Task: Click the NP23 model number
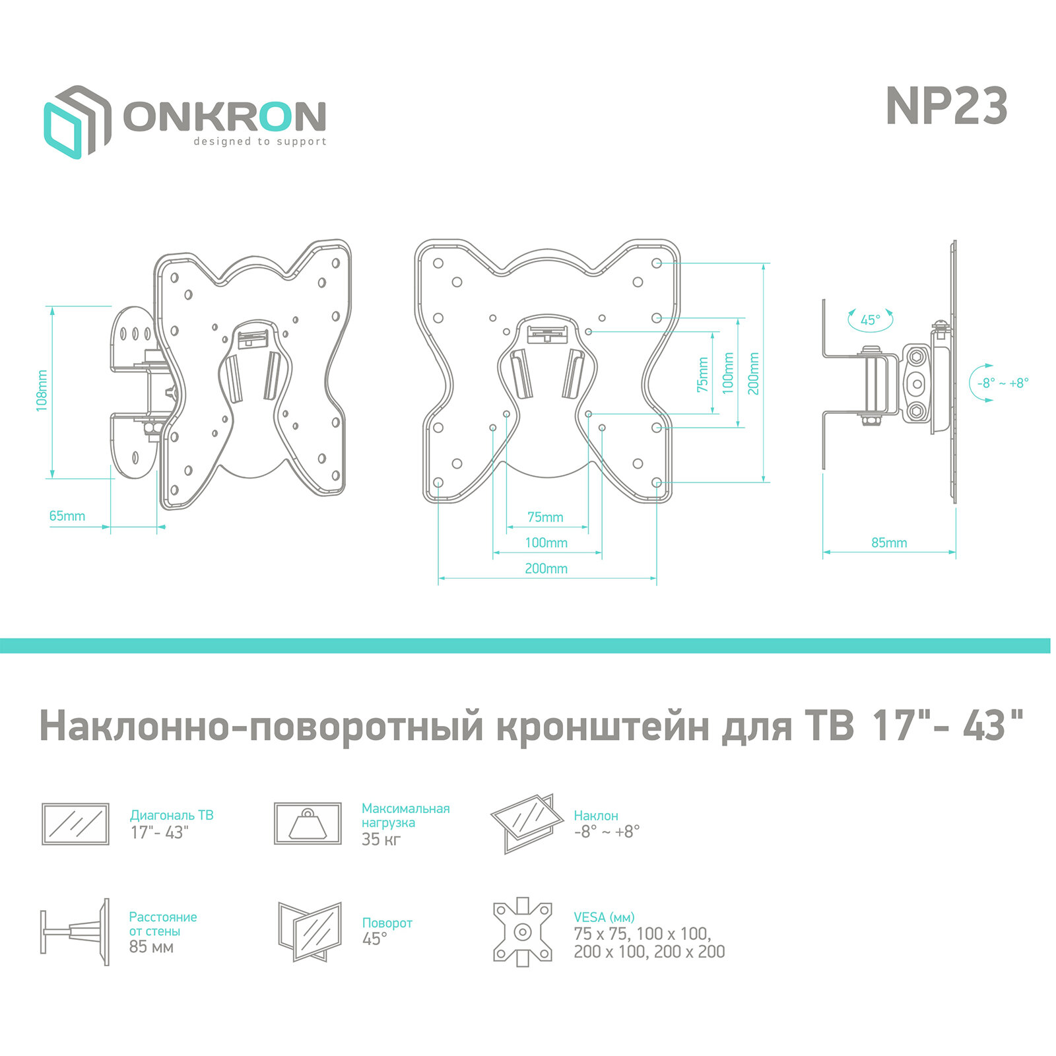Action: pos(946,106)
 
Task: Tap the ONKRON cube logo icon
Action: pos(77,121)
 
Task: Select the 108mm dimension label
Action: pos(42,391)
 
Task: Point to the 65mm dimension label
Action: pos(67,516)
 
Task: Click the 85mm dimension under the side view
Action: pos(889,543)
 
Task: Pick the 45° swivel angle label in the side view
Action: pos(870,320)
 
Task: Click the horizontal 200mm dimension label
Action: pos(546,568)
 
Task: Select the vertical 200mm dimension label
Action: pos(753,374)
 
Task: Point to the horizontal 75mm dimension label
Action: pos(545,517)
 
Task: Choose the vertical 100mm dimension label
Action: pos(728,374)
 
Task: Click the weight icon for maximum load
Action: pos(308,824)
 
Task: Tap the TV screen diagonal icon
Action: pos(75,824)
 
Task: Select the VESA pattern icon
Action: pos(522,932)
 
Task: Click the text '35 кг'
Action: pos(381,840)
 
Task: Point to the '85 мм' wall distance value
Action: pos(151,947)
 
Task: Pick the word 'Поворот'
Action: pos(387,923)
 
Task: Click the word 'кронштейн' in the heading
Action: pos(603,726)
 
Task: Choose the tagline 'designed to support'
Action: pos(259,141)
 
